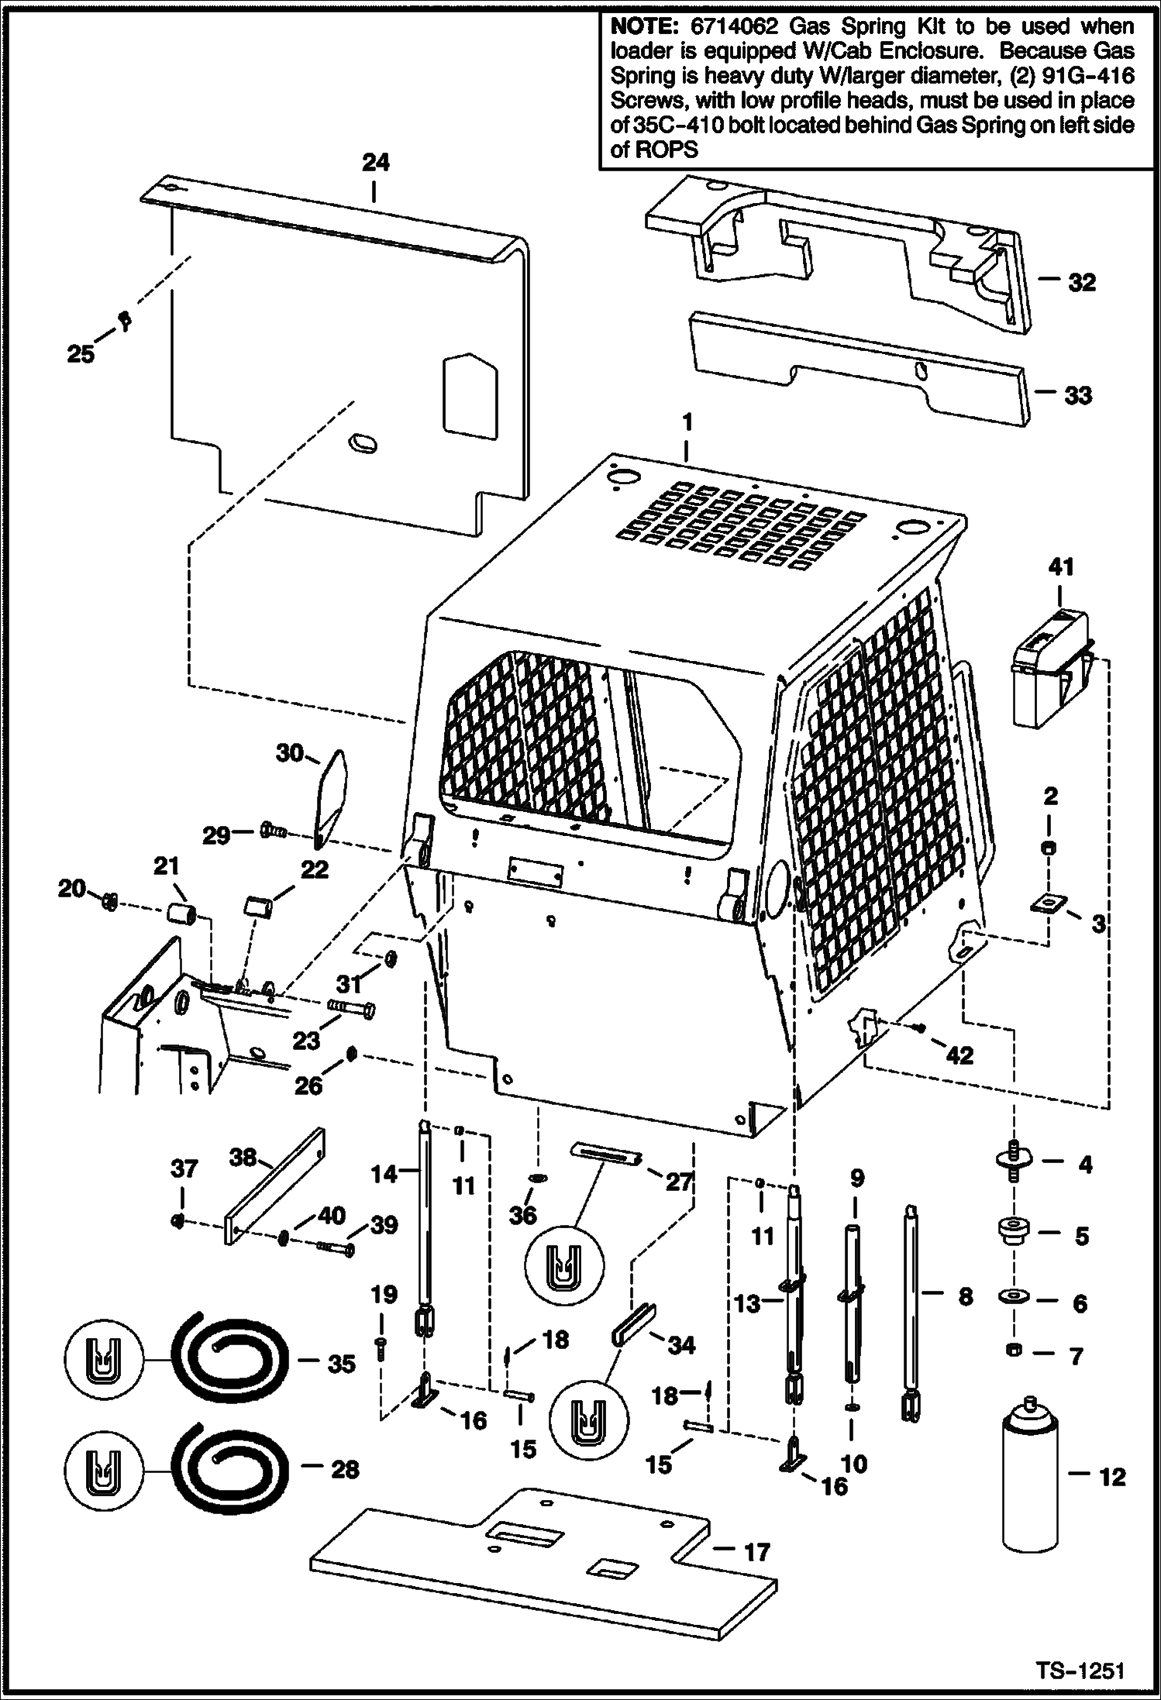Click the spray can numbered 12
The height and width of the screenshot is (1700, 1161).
pos(1030,1478)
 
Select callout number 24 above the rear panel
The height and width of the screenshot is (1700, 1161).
pos(376,163)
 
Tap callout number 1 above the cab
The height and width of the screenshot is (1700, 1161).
pos(686,422)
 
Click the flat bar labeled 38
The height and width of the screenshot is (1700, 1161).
pos(275,1197)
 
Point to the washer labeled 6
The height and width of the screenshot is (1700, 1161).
pos(1015,1297)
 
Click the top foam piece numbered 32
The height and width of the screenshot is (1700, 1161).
pos(837,248)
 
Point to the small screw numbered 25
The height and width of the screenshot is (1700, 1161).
pos(123,319)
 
